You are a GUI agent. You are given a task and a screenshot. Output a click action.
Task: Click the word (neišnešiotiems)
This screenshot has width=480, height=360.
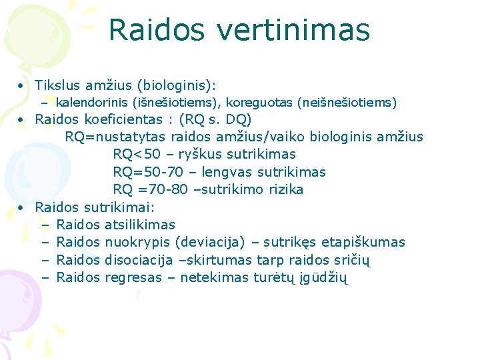(347, 103)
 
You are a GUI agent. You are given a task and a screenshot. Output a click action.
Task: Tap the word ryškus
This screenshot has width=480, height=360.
(195, 155)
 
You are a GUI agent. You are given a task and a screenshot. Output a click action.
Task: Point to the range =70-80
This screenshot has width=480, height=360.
(157, 189)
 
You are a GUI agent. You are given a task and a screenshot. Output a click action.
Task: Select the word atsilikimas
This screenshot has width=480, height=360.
(140, 225)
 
